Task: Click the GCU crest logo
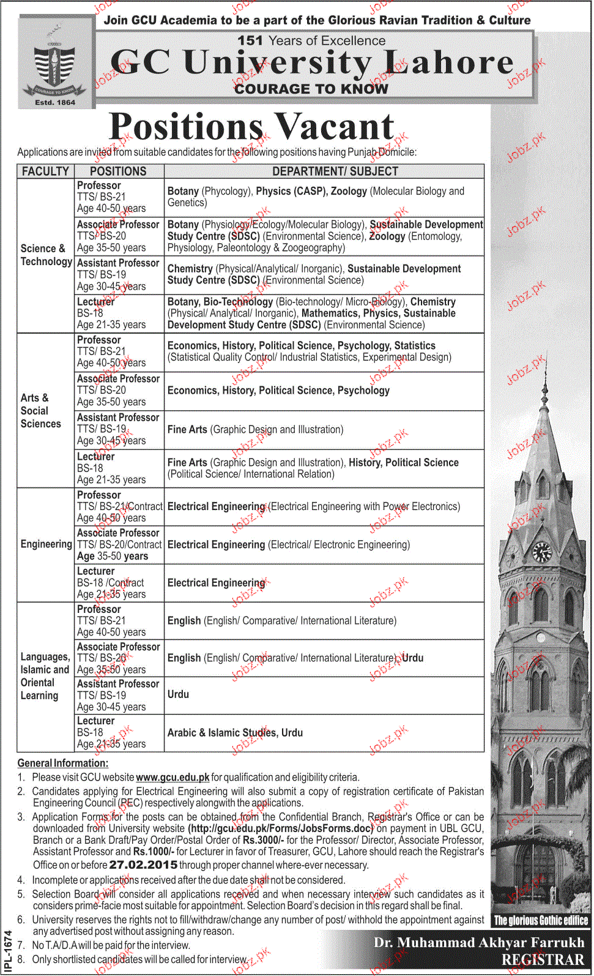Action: tap(55, 63)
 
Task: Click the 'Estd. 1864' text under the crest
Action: tap(55, 102)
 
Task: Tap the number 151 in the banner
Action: tap(250, 40)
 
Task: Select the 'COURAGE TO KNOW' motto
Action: tap(311, 89)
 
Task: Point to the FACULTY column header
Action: tap(45, 171)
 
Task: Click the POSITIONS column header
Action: tap(118, 171)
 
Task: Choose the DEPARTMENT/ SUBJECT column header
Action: tap(335, 171)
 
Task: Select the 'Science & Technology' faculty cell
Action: tap(46, 255)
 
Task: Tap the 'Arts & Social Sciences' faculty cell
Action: tap(40, 410)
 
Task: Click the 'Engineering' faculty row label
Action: tap(46, 544)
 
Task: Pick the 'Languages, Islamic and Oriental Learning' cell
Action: tap(45, 676)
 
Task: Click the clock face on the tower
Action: tap(542, 552)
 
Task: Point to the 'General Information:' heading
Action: tap(62, 763)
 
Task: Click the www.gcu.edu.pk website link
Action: tap(173, 777)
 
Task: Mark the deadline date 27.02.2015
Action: tap(143, 865)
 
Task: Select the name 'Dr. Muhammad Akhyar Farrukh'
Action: tap(479, 942)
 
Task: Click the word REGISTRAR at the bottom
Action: tap(543, 959)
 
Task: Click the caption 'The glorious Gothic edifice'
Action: tap(541, 920)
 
